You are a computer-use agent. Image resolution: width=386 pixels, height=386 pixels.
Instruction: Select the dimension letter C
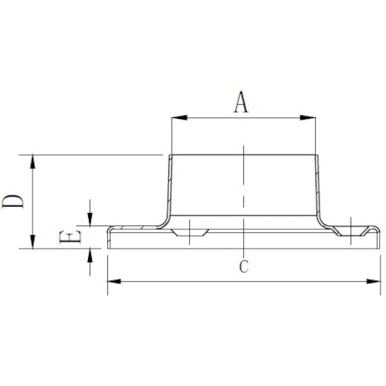tap(242, 267)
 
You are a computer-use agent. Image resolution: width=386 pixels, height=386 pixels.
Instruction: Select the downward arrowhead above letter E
tap(91, 219)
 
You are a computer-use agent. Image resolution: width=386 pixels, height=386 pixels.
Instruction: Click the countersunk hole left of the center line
tap(190, 232)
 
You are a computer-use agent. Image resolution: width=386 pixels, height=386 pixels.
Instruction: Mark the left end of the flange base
tap(108, 238)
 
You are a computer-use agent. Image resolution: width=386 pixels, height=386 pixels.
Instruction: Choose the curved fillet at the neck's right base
tap(325, 220)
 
